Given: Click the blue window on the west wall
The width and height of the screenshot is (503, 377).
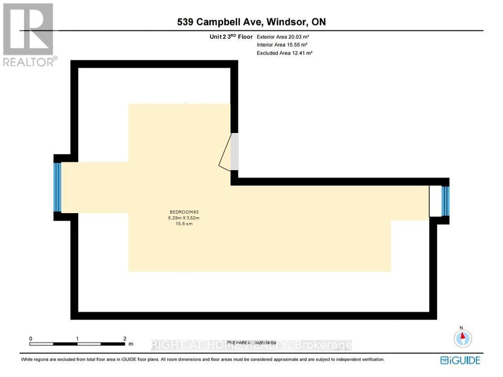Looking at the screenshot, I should tap(58, 187).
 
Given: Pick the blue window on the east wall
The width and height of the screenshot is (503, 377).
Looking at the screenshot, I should tap(445, 201).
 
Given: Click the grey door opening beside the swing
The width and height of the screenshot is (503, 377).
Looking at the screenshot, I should tap(235, 151).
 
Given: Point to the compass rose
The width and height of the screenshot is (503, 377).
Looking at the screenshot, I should tap(463, 338).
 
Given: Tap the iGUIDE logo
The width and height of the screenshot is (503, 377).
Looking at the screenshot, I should tap(460, 360).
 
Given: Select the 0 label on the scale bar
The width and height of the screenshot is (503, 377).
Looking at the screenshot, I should tap(31, 339).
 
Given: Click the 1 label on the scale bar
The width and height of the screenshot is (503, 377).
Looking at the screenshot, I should tap(78, 339).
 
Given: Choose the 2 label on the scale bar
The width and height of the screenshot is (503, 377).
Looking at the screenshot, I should tap(125, 339).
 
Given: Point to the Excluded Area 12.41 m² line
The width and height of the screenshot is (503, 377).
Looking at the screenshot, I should tap(285, 53).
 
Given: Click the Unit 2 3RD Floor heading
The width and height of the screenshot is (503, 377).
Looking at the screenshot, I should tap(231, 37).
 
